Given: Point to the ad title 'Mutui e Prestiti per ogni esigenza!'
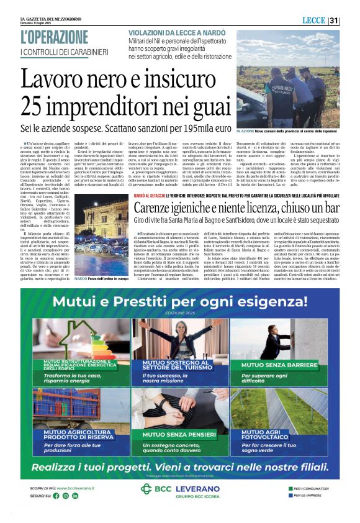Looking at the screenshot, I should click(180, 302).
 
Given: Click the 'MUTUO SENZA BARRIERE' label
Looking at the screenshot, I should click(287, 365).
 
